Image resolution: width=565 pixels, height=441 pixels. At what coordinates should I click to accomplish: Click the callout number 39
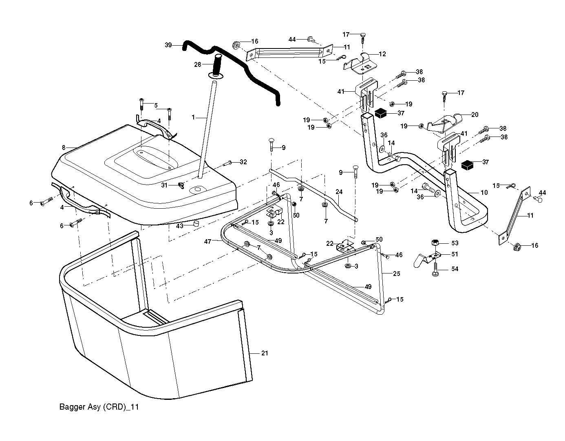pos(168,45)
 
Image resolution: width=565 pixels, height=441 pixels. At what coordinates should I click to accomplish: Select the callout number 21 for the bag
pos(265,353)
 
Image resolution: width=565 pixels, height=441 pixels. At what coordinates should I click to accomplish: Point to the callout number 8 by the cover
pos(63,147)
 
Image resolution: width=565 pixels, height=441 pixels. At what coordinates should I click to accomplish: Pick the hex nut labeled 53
pos(435,243)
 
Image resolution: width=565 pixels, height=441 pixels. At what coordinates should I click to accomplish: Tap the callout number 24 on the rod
pos(339,192)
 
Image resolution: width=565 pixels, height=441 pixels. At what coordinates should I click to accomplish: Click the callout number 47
pos(207,242)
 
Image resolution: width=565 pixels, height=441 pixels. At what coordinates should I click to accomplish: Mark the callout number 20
pos(475,115)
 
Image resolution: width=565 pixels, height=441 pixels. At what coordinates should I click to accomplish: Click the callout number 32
pos(243,162)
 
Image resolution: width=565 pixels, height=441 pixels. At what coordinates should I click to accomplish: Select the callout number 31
pos(164,185)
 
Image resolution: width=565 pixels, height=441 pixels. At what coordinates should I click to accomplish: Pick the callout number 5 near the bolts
pos(156,105)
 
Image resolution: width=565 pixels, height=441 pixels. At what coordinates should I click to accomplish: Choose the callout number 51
pos(455,254)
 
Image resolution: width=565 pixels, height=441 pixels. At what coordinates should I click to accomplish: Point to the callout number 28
pos(197,64)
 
